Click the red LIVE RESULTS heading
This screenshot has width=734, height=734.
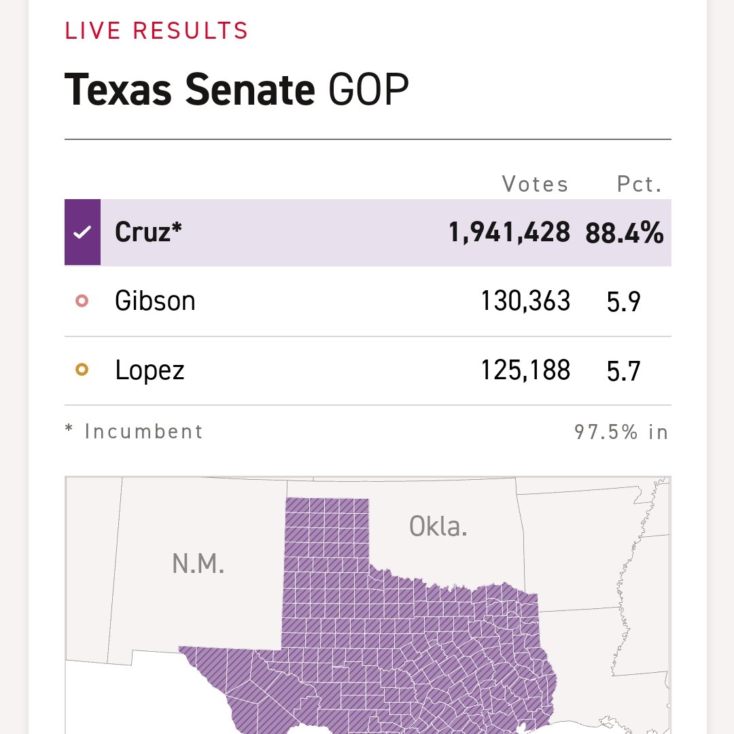(x=156, y=31)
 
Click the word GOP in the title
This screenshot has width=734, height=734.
(x=368, y=90)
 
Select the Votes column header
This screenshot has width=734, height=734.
(x=535, y=184)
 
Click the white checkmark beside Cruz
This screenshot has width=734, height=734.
(x=82, y=232)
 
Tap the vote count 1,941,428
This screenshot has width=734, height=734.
(x=509, y=232)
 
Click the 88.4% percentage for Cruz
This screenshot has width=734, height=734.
(x=624, y=232)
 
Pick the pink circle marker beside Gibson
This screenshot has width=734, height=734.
(x=82, y=301)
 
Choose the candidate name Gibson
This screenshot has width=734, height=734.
(x=155, y=301)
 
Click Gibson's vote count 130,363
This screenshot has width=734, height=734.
(x=525, y=301)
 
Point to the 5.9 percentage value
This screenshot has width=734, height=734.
(x=623, y=302)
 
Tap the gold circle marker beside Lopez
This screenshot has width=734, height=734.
(x=82, y=370)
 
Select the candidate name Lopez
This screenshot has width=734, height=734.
(x=150, y=370)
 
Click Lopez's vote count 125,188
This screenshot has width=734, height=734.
(x=525, y=370)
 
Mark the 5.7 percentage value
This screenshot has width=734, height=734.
(x=623, y=371)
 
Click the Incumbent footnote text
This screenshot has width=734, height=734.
(x=143, y=432)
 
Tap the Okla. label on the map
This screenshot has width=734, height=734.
(x=438, y=526)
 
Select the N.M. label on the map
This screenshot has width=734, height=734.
(x=198, y=564)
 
